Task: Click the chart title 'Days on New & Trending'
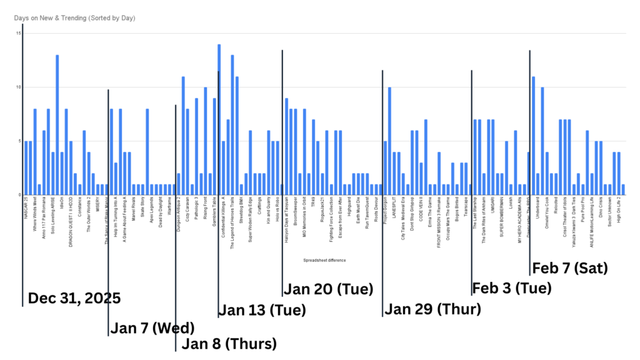[75, 18]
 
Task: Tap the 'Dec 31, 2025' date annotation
[74, 298]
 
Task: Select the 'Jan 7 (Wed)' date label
[152, 328]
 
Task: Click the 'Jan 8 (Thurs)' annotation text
[229, 344]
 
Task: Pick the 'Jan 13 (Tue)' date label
[262, 310]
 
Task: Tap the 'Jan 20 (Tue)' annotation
[328, 289]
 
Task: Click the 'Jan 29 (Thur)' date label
[432, 309]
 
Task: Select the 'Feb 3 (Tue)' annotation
[512, 288]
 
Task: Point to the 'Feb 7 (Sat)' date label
[570, 268]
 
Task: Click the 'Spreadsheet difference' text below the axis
[324, 260]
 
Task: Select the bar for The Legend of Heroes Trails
[232, 125]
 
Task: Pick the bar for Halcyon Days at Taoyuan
[286, 146]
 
